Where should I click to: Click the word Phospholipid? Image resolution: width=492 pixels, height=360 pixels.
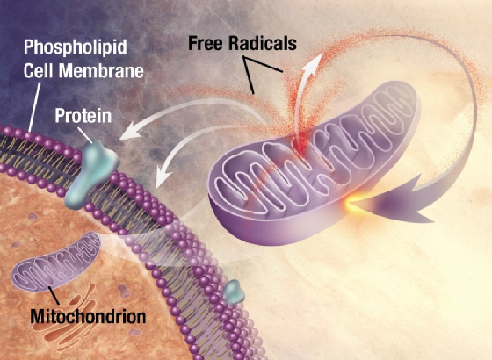click(76, 47)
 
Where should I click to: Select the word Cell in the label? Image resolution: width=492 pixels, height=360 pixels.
click(40, 70)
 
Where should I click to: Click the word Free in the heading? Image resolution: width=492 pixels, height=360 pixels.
click(206, 43)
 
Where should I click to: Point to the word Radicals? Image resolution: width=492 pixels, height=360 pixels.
click(263, 43)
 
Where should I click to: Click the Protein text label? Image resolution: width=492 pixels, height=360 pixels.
click(83, 116)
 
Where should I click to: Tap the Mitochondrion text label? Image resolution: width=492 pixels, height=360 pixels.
click(88, 316)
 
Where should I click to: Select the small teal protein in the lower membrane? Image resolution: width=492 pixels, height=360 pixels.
click(235, 292)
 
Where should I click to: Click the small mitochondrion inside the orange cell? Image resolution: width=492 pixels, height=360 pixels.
click(56, 263)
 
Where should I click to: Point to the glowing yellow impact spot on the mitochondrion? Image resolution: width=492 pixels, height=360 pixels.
click(351, 203)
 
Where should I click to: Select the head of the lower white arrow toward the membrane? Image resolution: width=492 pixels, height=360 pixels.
click(163, 176)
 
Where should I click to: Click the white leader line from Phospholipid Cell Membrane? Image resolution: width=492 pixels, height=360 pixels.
click(34, 107)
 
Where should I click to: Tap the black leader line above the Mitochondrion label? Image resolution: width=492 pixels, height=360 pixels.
click(54, 295)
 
